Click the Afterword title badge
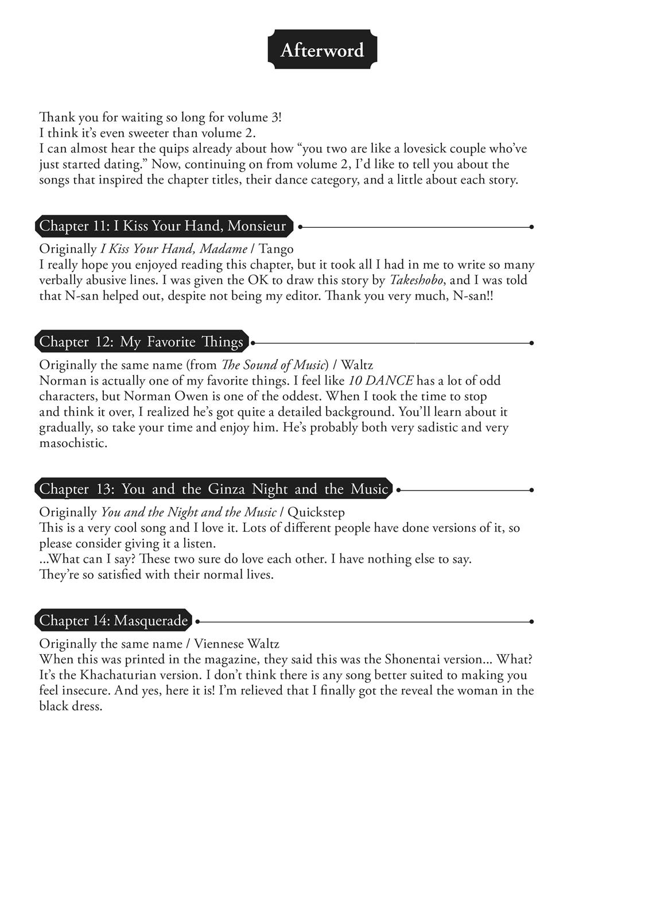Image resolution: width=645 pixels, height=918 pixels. click(x=322, y=50)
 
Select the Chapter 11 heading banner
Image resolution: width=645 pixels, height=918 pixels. click(x=163, y=226)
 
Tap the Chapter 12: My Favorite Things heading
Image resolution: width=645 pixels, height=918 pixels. click(x=141, y=342)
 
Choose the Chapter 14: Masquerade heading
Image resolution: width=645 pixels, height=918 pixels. click(x=114, y=620)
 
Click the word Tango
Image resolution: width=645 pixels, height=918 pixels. click(x=276, y=249)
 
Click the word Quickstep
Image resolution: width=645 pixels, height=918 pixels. click(x=316, y=512)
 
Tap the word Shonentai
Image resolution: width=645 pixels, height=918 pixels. click(x=413, y=659)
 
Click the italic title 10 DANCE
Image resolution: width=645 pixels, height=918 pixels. click(x=380, y=380)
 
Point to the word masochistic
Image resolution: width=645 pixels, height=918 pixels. click(x=73, y=443)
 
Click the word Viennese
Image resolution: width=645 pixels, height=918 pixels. click(x=219, y=644)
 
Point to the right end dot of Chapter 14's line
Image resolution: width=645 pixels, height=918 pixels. click(x=531, y=621)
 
